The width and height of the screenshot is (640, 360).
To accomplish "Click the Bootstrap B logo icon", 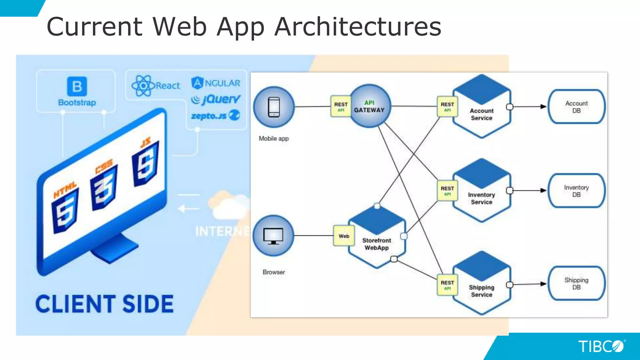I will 77,86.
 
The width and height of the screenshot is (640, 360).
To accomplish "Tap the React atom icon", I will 143,86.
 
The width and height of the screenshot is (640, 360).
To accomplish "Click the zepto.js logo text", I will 209,116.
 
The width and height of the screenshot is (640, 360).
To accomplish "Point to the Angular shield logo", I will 197,83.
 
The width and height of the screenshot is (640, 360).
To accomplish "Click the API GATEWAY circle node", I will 369,106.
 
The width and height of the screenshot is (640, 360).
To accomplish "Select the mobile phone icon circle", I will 274,107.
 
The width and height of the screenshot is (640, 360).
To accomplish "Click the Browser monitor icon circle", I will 273,236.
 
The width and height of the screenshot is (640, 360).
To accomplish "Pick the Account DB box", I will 576,107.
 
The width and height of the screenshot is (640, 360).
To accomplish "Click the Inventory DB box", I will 576,191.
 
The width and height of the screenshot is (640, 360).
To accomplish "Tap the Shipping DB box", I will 576,283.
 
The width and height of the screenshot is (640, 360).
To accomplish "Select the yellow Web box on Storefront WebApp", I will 344,236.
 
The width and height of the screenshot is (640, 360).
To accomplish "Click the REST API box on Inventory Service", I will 447,190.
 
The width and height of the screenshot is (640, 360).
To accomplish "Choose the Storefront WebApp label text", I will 377,244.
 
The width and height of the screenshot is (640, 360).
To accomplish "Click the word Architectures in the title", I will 358,27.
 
